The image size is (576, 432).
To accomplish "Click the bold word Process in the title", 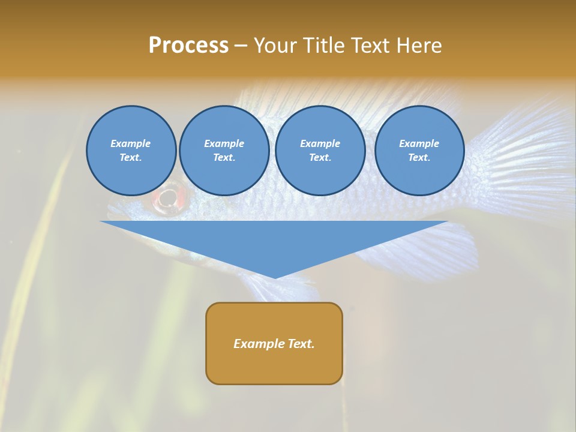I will [188, 46].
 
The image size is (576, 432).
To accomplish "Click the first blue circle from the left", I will [131, 151].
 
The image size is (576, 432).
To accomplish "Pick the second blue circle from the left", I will [224, 151].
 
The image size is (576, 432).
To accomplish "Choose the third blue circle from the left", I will [320, 151].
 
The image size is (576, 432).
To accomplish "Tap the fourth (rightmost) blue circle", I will [419, 151].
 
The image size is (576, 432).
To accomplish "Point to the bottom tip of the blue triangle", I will [275, 277].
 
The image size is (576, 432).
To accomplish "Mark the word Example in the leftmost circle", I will [131, 143].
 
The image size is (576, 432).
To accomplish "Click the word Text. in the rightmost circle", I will [419, 158].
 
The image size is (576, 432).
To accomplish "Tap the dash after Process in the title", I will [241, 46].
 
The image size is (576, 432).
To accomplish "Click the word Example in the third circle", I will [320, 143].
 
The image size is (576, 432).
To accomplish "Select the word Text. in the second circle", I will [224, 158].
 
